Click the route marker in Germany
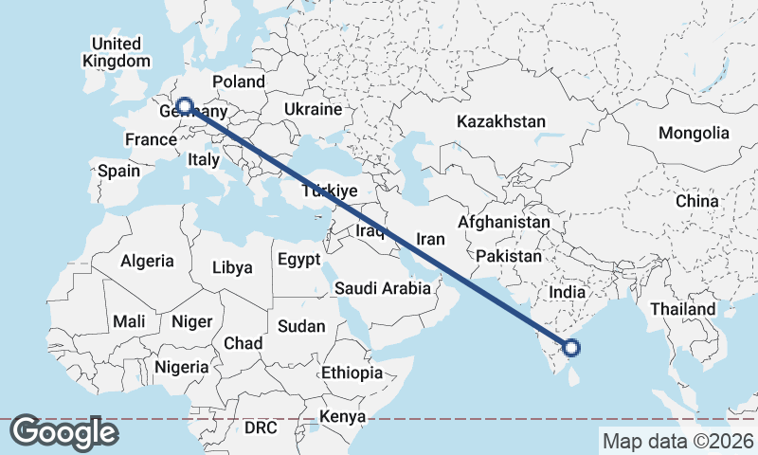pos(185,106)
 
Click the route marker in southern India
pos(572,348)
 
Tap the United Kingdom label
pos(117,52)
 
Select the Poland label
pos(239,82)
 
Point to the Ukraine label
pos(312,110)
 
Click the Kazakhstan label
pos(501,121)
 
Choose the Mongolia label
pos(694,133)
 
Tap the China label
pos(697,201)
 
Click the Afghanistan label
pos(503,222)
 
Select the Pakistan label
pos(509,256)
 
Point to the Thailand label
pos(682,309)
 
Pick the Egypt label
pos(298,259)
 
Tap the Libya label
pos(232,267)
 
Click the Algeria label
pos(147,261)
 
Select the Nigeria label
pos(181,366)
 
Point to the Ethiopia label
pos(352,373)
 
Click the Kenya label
pos(342,416)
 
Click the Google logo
pos(64,432)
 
